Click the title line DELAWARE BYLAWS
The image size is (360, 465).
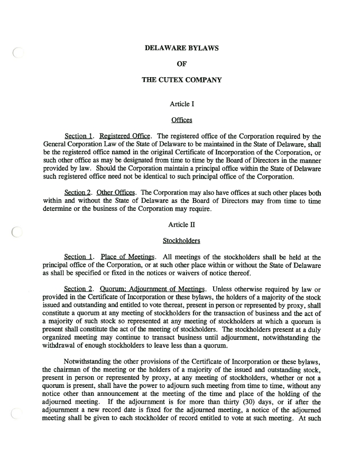[x=181, y=48]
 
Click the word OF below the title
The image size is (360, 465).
[x=181, y=64]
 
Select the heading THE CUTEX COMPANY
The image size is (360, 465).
[x=181, y=80]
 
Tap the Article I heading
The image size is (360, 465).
[x=181, y=104]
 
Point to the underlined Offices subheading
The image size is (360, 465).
[x=181, y=120]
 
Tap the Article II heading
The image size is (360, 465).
[x=181, y=225]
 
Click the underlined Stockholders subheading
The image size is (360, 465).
[x=181, y=240]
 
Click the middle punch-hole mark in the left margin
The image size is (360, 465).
[x=17, y=231]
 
